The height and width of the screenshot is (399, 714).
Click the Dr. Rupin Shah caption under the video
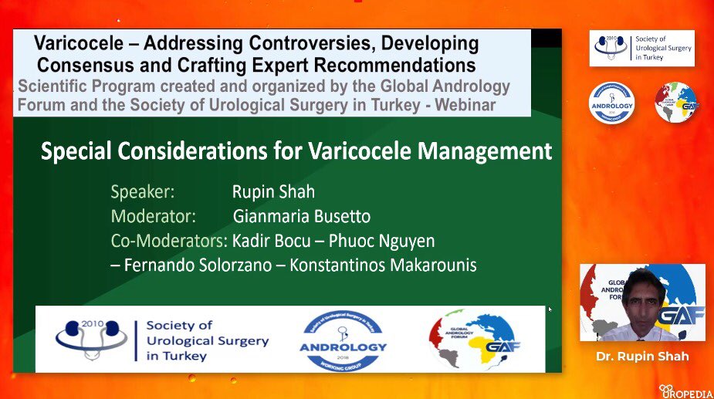643,357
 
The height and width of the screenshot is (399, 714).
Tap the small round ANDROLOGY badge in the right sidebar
611,102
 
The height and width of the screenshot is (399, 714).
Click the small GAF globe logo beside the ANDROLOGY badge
675,102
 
